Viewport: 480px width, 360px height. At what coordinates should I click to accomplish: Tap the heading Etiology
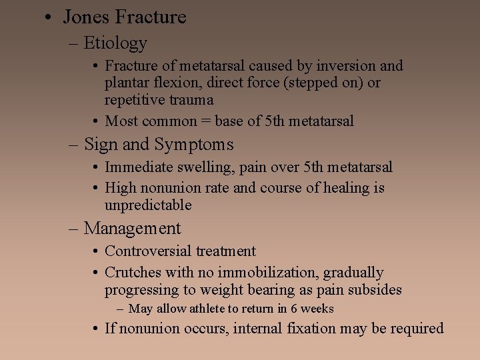pos(115,43)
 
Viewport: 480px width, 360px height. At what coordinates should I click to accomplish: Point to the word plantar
pos(126,83)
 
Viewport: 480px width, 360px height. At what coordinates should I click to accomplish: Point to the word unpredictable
pos(148,205)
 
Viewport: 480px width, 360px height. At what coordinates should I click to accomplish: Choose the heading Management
pos(133,229)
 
